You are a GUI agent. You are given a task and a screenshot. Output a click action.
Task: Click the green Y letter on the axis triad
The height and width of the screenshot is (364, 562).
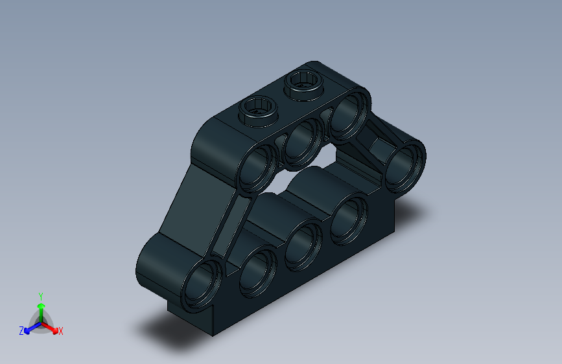(x=41, y=295)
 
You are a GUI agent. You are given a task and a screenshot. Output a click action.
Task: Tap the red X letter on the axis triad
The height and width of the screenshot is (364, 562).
(x=61, y=331)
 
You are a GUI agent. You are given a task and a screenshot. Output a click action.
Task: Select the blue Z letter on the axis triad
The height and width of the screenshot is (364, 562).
(x=21, y=331)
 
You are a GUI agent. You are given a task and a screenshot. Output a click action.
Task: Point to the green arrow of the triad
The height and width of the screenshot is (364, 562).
(x=41, y=308)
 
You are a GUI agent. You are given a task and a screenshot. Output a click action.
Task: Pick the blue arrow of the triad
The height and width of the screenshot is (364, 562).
(x=30, y=328)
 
